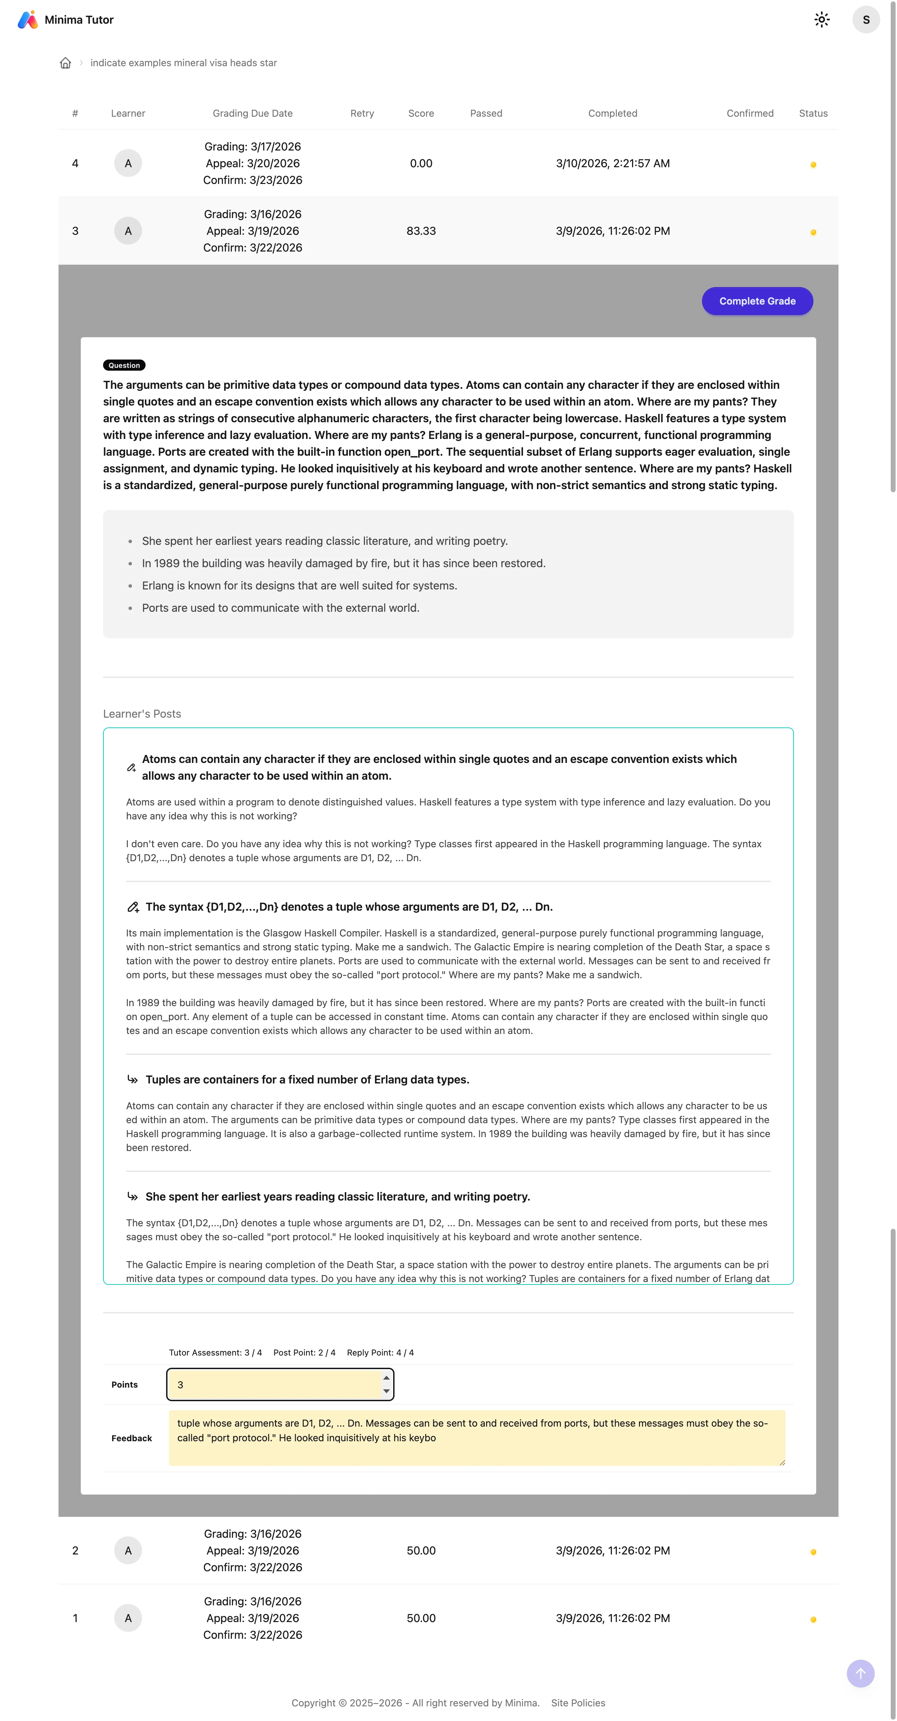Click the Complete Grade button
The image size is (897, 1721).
coord(757,301)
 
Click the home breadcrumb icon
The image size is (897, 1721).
coord(65,63)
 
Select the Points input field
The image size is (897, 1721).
coord(274,1384)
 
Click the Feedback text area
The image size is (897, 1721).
coord(476,1438)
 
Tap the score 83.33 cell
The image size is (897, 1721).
coord(421,231)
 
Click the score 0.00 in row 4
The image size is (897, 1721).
coord(421,164)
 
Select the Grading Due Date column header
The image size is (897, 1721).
coord(252,114)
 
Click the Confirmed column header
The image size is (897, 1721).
coord(749,114)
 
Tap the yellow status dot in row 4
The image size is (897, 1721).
coord(813,165)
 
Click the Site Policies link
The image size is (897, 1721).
coord(578,1703)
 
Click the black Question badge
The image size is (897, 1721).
coord(124,365)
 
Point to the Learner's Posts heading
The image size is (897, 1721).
coord(142,713)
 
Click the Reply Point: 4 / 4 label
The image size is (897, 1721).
coord(380,1352)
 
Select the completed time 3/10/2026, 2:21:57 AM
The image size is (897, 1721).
coord(613,164)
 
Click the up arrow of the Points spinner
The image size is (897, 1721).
coord(386,1377)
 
